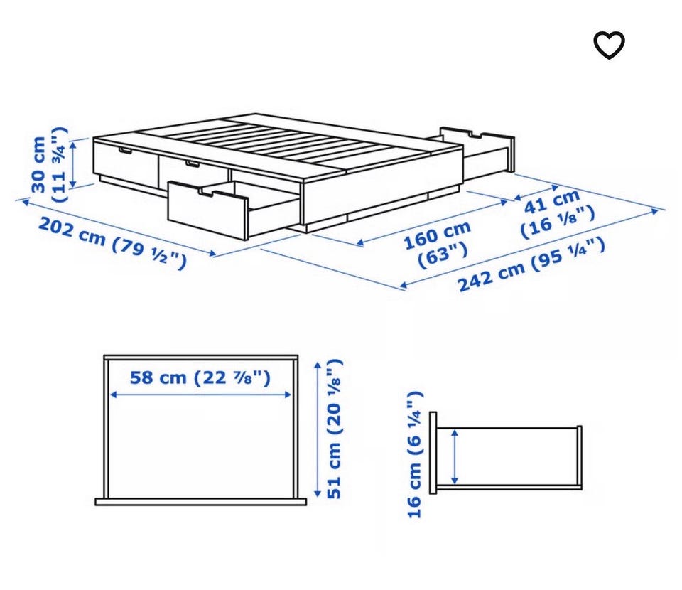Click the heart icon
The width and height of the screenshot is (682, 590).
click(609, 45)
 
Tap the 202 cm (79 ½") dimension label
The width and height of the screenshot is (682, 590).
click(112, 243)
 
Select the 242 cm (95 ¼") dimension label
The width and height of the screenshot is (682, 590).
click(531, 264)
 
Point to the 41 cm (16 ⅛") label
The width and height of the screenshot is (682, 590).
click(557, 214)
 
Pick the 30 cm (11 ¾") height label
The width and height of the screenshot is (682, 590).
click(49, 164)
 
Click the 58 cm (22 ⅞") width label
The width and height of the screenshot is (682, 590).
click(200, 377)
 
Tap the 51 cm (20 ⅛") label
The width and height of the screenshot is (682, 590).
click(334, 429)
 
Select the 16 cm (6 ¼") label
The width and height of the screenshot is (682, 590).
click(414, 455)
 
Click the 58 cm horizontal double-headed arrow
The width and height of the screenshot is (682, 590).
click(200, 395)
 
